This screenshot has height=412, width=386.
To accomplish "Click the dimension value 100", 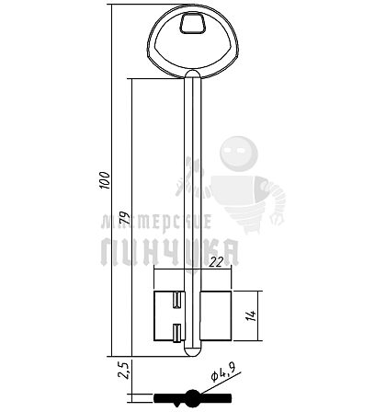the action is pyautogui.click(x=105, y=180).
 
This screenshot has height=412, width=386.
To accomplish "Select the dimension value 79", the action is pyautogui.click(x=125, y=218).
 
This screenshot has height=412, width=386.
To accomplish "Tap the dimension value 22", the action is pyautogui.click(x=217, y=262).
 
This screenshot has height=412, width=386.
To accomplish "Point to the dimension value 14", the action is pyautogui.click(x=252, y=315).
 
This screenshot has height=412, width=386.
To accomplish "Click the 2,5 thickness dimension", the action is pyautogui.click(x=125, y=370).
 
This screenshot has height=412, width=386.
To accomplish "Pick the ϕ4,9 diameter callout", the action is pyautogui.click(x=223, y=372).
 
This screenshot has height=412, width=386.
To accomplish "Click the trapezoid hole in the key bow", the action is pyautogui.click(x=193, y=23).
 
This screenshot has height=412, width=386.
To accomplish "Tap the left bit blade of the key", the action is pyautogui.click(x=169, y=316).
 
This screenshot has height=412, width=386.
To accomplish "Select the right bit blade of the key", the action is pyautogui.click(x=215, y=316).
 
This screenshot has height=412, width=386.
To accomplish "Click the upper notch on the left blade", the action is pyautogui.click(x=177, y=300).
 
